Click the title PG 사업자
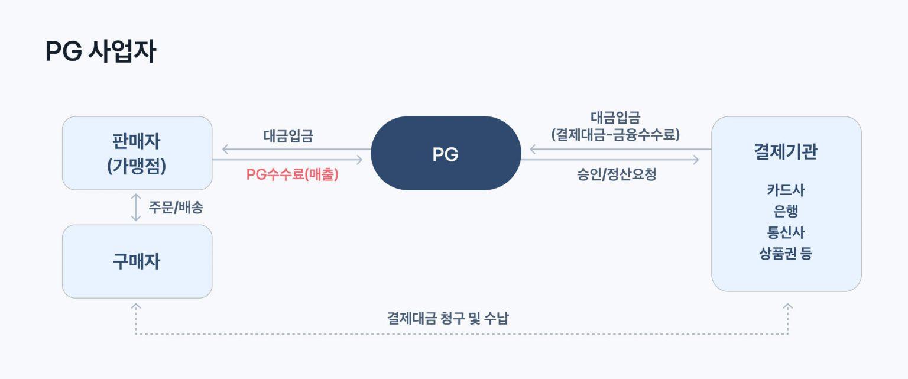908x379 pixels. tap(100, 52)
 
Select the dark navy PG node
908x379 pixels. tap(445, 154)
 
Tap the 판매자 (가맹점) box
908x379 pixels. tap(137, 153)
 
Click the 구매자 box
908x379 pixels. tap(137, 261)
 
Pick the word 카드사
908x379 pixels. tap(786, 190)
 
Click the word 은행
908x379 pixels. tap(786, 211)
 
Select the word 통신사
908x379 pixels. tap(786, 232)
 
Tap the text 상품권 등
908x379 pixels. tap(786, 254)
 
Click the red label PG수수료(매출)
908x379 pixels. tap(292, 174)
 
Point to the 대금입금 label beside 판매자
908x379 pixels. tap(288, 135)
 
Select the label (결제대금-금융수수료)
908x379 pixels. tap(615, 135)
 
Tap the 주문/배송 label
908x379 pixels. tap(176, 208)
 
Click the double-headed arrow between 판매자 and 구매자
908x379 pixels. tap(136, 208)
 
